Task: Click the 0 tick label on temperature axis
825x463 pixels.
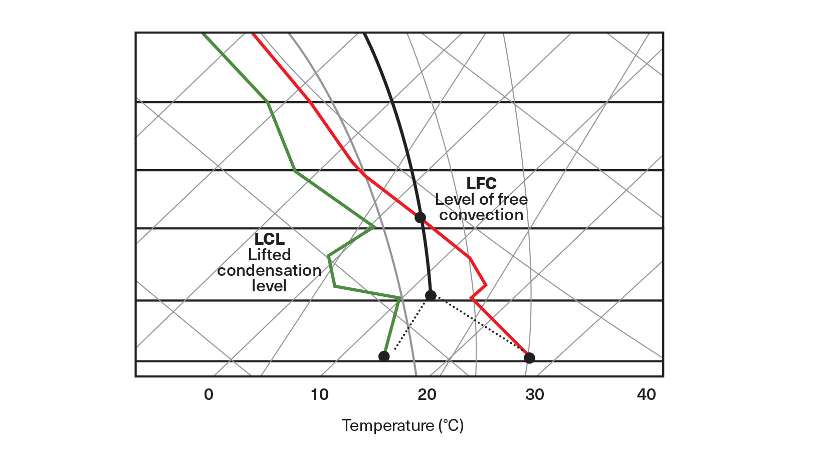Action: point(209,395)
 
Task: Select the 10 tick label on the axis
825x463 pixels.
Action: point(319,395)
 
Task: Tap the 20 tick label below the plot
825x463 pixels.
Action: point(427,395)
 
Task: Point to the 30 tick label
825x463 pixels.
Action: point(535,395)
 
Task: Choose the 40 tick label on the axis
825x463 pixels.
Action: point(646,395)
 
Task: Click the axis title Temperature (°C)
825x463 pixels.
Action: point(402,425)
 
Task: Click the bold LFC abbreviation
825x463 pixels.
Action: point(481,184)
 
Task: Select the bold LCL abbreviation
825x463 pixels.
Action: point(269,239)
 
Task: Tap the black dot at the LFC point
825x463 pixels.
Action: point(420,218)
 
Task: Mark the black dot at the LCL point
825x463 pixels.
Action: point(431,295)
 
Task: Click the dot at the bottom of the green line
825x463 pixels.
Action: point(384,356)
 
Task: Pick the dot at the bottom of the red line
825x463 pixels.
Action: point(529,358)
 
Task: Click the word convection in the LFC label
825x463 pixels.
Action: point(481,215)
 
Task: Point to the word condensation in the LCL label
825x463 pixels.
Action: point(269,271)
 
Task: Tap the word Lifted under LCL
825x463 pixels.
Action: point(269,255)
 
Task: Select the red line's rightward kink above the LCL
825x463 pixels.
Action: point(485,285)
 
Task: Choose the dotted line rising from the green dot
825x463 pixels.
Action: point(408,325)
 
